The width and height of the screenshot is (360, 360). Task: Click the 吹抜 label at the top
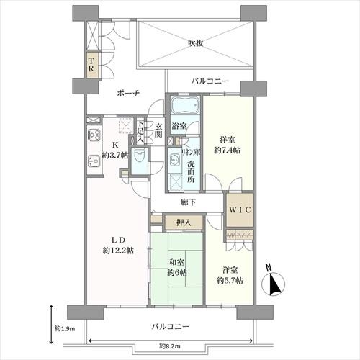(195, 43)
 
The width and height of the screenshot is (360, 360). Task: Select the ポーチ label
(125, 93)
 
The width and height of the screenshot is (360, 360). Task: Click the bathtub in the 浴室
(184, 109)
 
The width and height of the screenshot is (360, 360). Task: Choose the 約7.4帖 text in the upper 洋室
(228, 150)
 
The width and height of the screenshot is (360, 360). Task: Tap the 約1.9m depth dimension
(62, 328)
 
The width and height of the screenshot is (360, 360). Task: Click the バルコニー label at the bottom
(171, 326)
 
